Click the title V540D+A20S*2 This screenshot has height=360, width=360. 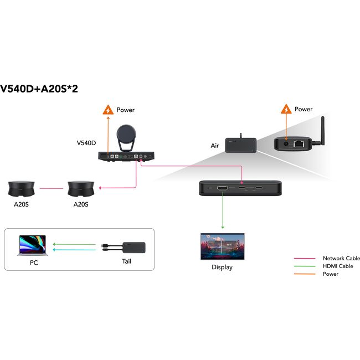point(39,89)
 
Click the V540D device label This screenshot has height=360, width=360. point(86,143)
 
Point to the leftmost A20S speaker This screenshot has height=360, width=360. point(22,188)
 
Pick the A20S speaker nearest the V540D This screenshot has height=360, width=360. point(80,188)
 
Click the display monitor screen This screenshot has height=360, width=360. point(222,245)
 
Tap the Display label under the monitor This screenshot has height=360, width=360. point(222,268)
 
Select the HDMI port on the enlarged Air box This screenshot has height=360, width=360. point(223,189)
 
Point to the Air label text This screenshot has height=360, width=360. point(215,146)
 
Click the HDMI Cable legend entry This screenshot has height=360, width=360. point(338,266)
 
